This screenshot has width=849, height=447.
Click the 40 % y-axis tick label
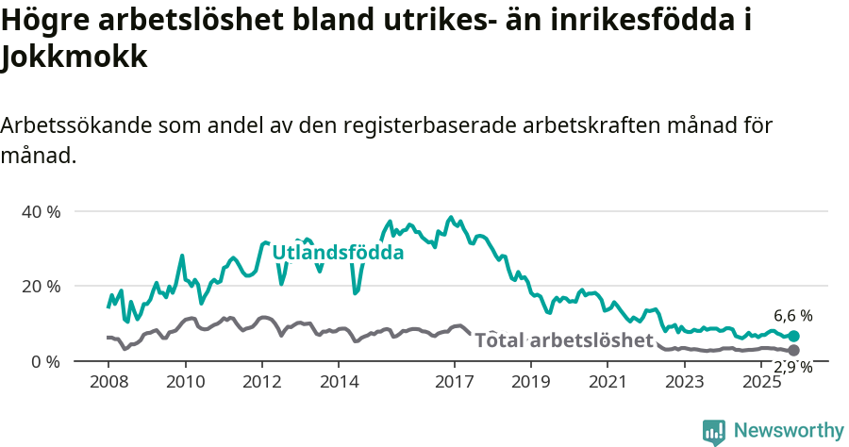point(41,211)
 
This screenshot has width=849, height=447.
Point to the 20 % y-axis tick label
point(41,286)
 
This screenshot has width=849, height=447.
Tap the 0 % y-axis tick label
point(45,361)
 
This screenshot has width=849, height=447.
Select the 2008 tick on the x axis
point(108,382)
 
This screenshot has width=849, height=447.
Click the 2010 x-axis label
point(185,382)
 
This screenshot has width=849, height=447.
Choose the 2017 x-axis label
point(455,382)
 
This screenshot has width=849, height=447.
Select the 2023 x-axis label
point(685,382)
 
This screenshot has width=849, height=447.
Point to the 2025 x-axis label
point(761,382)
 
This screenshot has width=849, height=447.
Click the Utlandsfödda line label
point(338,253)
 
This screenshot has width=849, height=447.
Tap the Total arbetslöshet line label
point(563,339)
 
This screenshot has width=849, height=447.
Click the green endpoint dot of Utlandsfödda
point(794,336)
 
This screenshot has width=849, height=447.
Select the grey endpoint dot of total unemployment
point(794,350)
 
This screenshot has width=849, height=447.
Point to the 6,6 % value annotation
point(793,316)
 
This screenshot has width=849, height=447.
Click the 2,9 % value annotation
point(793,368)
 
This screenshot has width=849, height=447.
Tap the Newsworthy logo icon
point(714,431)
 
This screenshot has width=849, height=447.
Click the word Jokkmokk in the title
point(75,58)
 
